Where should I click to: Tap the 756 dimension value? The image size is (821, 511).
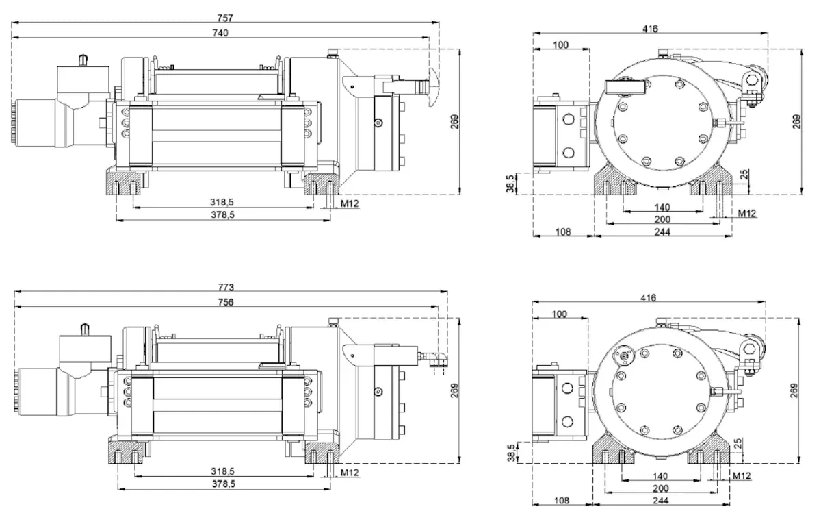pyautogui.click(x=225, y=301)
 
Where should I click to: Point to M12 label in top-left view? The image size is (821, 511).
pyautogui.click(x=349, y=203)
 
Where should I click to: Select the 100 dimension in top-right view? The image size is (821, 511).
pyautogui.click(x=561, y=45)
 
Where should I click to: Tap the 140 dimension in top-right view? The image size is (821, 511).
pyautogui.click(x=662, y=208)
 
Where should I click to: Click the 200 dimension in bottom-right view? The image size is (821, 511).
pyautogui.click(x=661, y=488)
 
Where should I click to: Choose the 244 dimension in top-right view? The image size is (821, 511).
pyautogui.click(x=662, y=232)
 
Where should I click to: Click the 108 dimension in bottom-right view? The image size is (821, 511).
pyautogui.click(x=562, y=501)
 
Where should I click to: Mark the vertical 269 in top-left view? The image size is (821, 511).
pyautogui.click(x=454, y=122)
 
